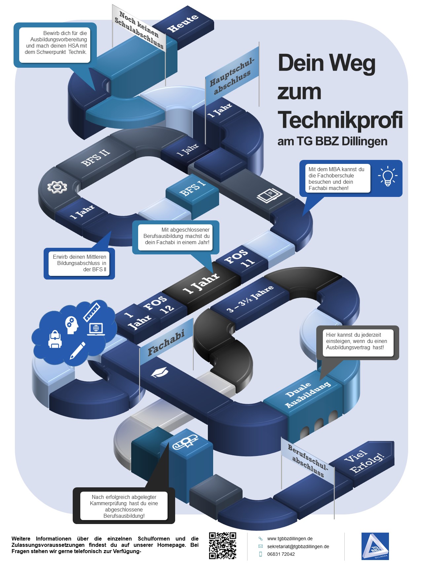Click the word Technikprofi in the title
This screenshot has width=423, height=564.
340,120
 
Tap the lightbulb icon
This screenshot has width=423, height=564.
388,176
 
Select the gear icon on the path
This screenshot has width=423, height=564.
57,187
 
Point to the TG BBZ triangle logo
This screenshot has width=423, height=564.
375,546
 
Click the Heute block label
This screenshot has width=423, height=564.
182,23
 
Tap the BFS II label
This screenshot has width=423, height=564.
96,158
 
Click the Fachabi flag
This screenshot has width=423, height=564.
166,342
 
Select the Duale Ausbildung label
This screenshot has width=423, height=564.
308,394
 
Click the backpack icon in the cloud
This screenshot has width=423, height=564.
55,339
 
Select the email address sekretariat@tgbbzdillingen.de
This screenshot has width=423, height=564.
298,546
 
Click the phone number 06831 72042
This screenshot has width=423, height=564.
281,554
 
